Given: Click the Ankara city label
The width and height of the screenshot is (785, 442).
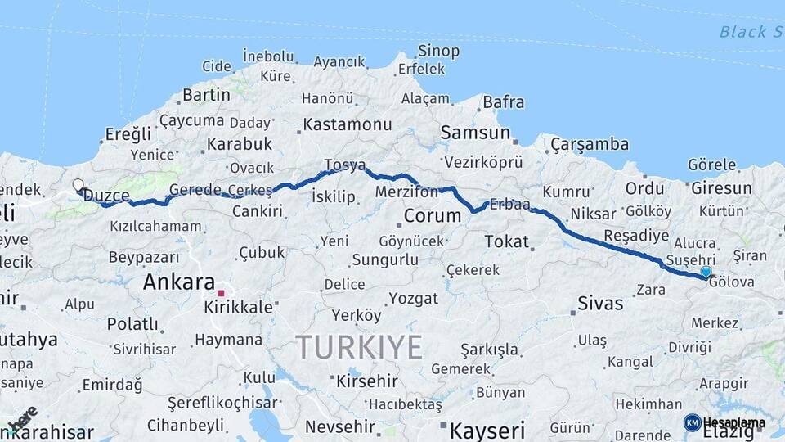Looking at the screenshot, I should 178,282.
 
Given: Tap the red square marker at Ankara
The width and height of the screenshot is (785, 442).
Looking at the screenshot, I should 221,292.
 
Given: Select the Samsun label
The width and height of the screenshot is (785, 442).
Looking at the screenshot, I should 475,133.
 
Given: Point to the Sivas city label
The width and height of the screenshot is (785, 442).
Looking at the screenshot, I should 600,303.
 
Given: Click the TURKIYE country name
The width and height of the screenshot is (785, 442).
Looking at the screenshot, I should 359,347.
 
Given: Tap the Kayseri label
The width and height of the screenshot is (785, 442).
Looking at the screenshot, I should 487,431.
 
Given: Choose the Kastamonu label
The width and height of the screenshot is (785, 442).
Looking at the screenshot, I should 347,124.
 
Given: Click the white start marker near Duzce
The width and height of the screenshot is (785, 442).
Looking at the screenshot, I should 78,185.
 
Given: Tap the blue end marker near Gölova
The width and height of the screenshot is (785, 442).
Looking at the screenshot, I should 706,272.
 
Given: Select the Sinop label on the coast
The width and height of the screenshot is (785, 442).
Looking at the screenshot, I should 438,51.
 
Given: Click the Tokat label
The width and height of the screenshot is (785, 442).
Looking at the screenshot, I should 506,242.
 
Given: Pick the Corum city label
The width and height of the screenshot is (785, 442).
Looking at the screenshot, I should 433,216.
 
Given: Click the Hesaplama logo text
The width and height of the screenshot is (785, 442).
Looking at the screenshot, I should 733,423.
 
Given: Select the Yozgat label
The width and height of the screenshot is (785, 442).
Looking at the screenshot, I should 414,298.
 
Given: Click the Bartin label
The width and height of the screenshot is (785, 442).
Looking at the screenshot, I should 206,95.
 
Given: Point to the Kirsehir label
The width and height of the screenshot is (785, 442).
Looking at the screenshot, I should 367,381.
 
